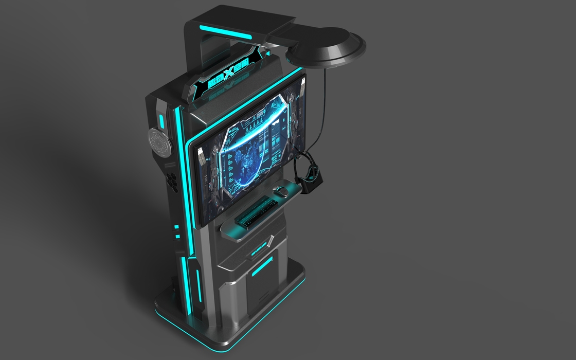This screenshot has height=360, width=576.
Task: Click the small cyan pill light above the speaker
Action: [161, 121]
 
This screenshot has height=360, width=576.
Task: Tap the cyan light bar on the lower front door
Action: [262, 266]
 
